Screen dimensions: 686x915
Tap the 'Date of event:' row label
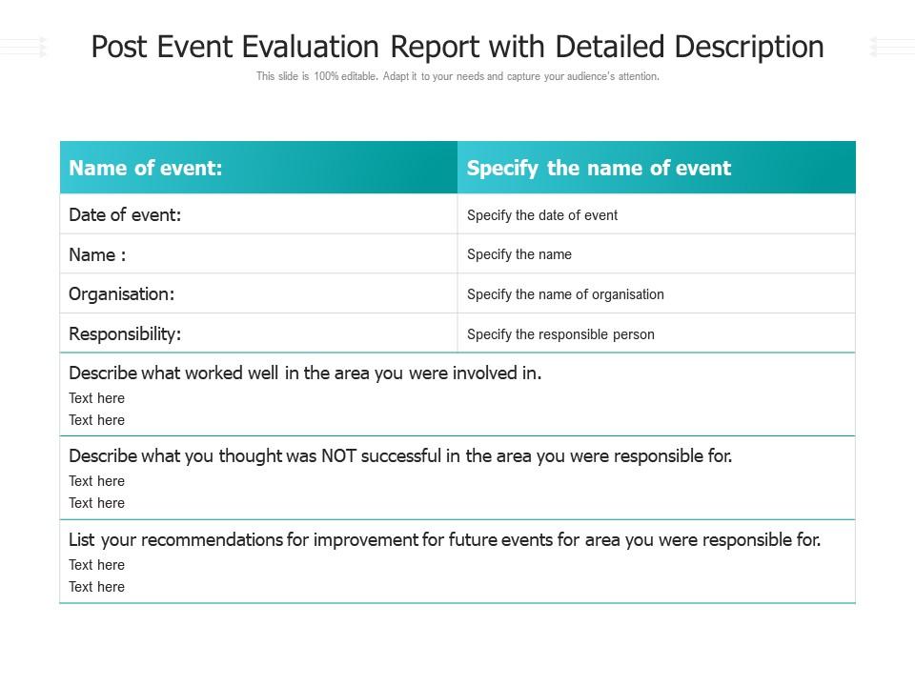coord(125,215)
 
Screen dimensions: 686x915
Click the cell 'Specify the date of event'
coord(542,215)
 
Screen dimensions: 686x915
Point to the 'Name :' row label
coord(97,255)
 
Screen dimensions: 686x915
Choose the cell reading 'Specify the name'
coord(519,254)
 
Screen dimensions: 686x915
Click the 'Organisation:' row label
coord(121,294)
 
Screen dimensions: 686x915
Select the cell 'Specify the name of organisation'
coord(565,294)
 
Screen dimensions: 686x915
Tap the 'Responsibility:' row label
coord(125,334)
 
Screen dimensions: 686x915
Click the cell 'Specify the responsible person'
coord(560,334)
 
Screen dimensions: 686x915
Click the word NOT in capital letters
coord(338,456)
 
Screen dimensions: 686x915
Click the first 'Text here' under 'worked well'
coord(96,398)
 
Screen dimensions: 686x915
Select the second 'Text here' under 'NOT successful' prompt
coord(96,503)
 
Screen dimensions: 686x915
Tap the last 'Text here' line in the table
coord(96,587)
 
